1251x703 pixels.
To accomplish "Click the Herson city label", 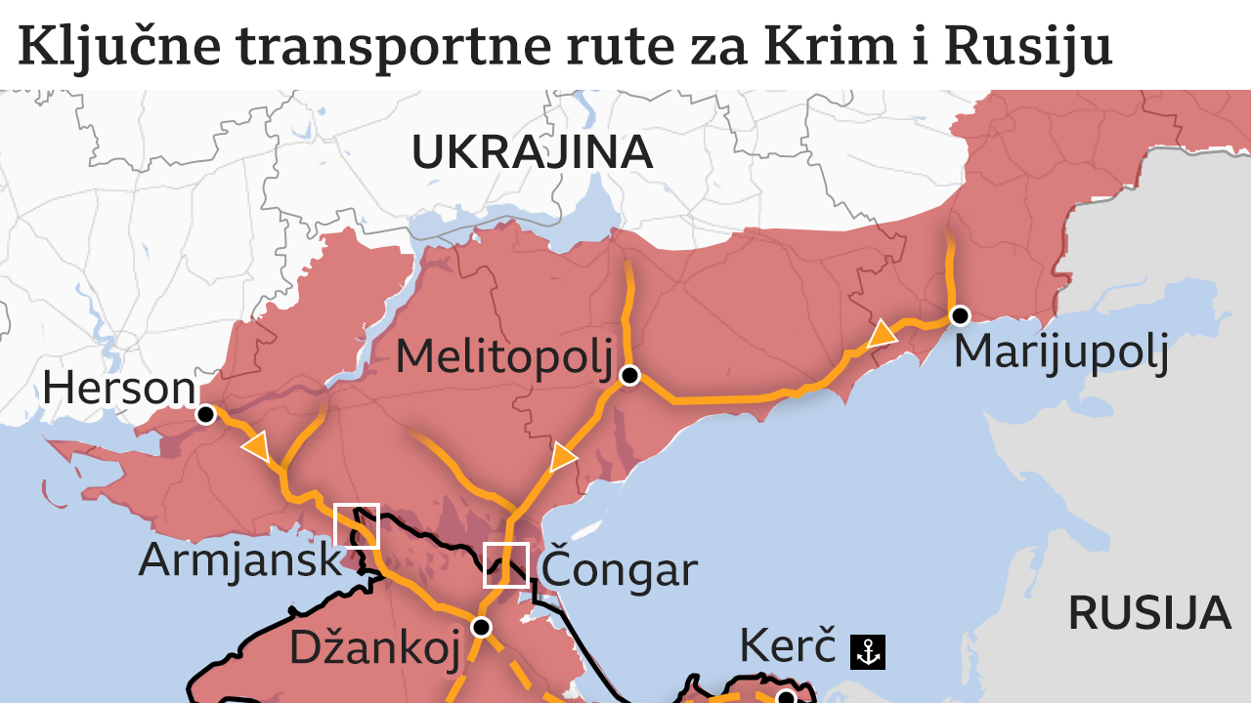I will (118, 389).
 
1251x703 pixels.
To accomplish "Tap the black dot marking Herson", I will (205, 415).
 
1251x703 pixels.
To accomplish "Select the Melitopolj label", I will (503, 357).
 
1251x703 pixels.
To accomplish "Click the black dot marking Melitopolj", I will (629, 375).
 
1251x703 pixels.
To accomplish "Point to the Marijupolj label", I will (1060, 351).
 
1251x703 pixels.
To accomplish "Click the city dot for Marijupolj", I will (960, 315).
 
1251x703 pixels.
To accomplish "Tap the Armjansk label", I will (240, 560).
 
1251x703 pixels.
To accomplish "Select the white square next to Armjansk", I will (357, 525).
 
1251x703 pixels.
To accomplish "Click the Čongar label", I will (619, 569).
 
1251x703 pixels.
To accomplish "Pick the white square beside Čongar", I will (506, 564).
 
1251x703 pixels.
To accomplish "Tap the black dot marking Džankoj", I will (481, 626).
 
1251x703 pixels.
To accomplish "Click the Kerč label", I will (788, 646).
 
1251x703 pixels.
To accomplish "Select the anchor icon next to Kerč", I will (868, 652).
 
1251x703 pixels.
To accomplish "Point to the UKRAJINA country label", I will (532, 152).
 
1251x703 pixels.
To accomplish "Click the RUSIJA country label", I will (1148, 613).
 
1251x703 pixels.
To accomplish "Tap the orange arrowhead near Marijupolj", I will (882, 335).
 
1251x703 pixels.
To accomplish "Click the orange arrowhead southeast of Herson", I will (257, 447).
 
